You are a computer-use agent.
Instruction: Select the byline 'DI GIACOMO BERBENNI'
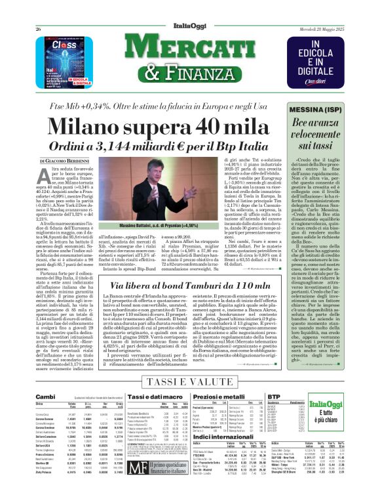pos(64,161)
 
